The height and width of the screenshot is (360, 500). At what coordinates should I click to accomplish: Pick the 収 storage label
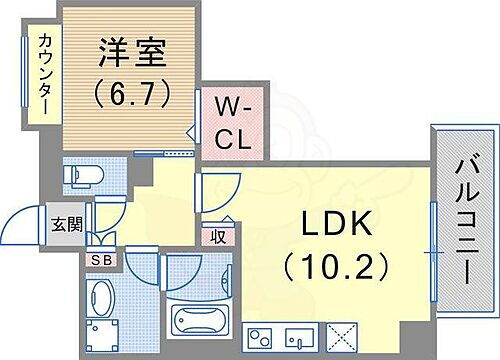click(217, 236)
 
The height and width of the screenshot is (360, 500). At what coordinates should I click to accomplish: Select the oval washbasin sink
click(101, 298)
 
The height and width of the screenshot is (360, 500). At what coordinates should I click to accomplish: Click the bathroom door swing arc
click(181, 269)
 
